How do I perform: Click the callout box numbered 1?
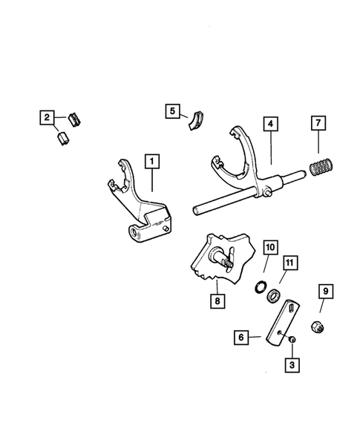click(152, 160)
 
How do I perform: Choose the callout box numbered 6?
click(240, 338)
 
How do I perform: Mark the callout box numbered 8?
click(217, 302)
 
